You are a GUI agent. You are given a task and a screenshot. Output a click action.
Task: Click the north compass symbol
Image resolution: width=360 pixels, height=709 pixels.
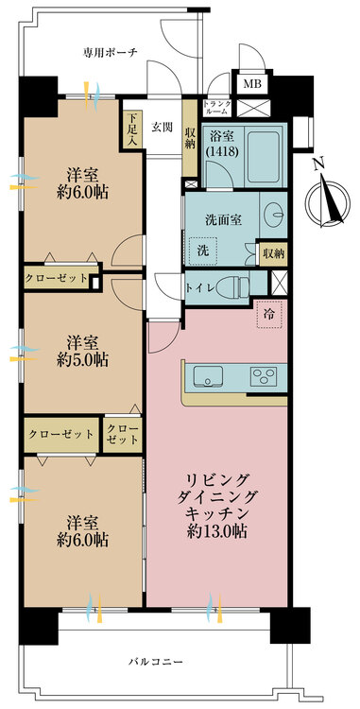tap(327, 198)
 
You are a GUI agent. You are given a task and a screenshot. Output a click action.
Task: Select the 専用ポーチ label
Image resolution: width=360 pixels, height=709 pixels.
tap(110, 52)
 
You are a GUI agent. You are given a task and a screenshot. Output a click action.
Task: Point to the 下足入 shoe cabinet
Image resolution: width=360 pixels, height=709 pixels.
tap(132, 129)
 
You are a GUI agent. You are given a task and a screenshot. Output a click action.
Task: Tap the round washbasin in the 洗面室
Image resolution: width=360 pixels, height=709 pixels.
tap(274, 211)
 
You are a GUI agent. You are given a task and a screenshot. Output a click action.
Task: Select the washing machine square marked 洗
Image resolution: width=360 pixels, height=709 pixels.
tap(204, 251)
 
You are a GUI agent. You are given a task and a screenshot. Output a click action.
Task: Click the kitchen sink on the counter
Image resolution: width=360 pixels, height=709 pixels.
tap(208, 377)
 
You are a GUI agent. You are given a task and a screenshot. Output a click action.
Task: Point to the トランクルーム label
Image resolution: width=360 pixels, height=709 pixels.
tap(217, 107)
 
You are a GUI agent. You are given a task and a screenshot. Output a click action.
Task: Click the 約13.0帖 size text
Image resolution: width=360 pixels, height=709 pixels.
tap(217, 531)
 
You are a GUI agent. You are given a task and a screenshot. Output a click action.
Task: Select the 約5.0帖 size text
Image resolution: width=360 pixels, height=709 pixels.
tap(82, 360)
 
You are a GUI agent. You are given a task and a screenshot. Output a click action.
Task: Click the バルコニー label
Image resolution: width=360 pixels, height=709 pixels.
tap(155, 662)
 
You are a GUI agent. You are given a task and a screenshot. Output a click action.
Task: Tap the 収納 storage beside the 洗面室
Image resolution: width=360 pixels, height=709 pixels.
tap(274, 254)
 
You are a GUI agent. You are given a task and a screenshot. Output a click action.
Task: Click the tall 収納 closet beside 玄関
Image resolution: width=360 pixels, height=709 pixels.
tap(190, 138)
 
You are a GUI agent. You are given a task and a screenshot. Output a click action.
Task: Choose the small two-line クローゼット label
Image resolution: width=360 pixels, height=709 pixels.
tap(123, 435)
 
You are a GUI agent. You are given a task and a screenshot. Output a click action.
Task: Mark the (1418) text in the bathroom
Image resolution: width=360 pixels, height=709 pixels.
tap(222, 152)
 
